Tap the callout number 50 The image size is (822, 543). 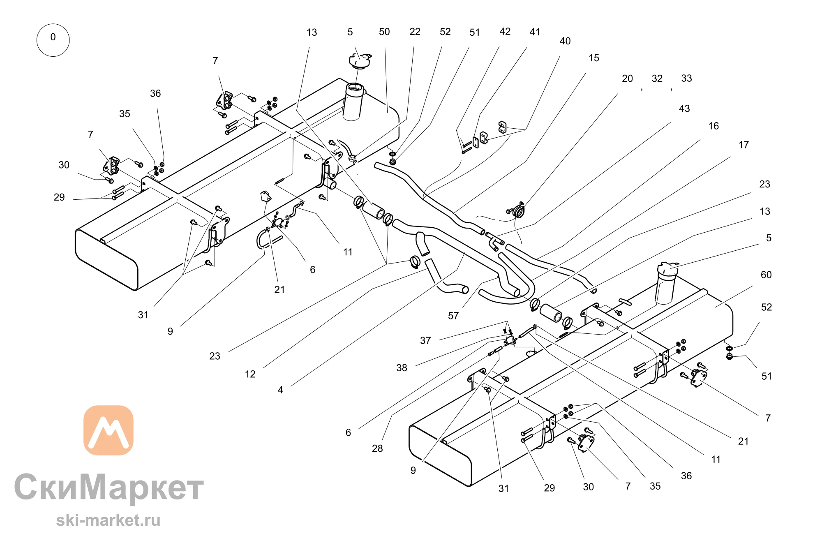(x=384, y=32)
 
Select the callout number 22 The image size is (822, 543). (x=415, y=32)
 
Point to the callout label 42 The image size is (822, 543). (x=505, y=32)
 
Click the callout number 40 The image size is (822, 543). (x=565, y=41)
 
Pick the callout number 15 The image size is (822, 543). (x=594, y=58)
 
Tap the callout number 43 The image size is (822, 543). (x=684, y=109)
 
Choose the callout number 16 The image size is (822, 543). (x=713, y=126)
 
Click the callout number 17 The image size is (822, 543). (x=743, y=145)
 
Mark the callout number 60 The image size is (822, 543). (x=766, y=275)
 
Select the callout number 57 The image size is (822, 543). (x=453, y=316)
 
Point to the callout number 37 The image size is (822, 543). (x=425, y=340)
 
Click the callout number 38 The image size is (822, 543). (x=402, y=368)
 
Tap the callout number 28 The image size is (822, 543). (x=377, y=448)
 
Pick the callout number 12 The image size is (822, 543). (x=250, y=374)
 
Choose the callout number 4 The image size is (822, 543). (x=280, y=390)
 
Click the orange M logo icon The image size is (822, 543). (x=109, y=430)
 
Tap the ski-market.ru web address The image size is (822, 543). (x=108, y=520)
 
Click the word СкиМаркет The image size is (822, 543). (x=109, y=488)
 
